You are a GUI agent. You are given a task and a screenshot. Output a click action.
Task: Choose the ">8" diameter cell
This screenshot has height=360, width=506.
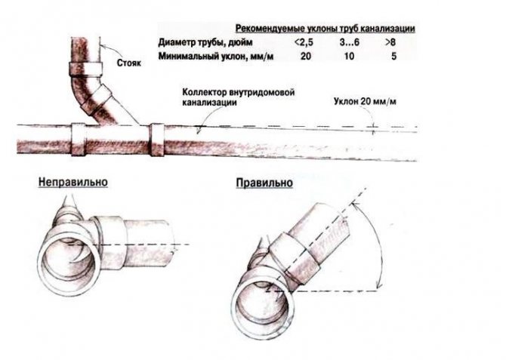(x=391, y=42)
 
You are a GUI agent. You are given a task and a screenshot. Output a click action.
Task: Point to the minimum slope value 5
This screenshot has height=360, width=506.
(x=391, y=57)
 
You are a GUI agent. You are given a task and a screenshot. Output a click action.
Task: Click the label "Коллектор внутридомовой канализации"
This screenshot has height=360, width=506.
(x=237, y=97)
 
